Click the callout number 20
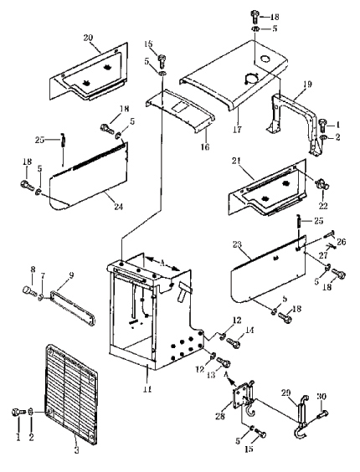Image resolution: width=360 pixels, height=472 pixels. (88, 38)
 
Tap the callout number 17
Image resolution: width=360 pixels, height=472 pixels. (238, 130)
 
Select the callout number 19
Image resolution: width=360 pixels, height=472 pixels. (307, 85)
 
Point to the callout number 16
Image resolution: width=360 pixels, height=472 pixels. (205, 147)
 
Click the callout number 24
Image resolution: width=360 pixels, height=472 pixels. (118, 207)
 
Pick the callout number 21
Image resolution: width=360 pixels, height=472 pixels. (236, 161)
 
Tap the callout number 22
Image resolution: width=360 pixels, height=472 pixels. (323, 206)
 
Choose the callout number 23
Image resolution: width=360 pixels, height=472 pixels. (238, 244)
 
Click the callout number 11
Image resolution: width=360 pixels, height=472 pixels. (147, 389)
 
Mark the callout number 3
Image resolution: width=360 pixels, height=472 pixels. (76, 450)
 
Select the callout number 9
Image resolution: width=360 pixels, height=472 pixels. (71, 275)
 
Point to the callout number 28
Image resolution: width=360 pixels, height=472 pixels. (220, 416)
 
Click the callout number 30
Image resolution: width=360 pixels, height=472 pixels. (321, 397)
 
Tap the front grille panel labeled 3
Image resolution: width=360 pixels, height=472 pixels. (71, 393)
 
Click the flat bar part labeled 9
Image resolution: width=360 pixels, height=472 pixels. (73, 308)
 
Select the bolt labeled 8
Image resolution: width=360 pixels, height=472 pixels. (29, 291)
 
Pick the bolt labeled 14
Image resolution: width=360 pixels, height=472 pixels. (234, 342)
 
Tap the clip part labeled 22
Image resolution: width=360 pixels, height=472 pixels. (322, 184)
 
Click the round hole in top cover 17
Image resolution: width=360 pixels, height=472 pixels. (266, 59)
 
